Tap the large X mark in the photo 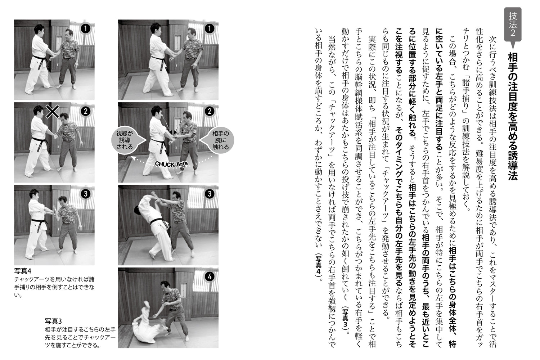[x=53, y=112]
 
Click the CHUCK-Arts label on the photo [x=171, y=164]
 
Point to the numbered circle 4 [x=209, y=277]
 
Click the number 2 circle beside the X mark [x=85, y=112]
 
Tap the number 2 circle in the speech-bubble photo [x=209, y=112]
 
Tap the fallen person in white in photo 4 [x=148, y=326]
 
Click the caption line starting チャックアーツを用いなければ [x=55, y=279]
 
